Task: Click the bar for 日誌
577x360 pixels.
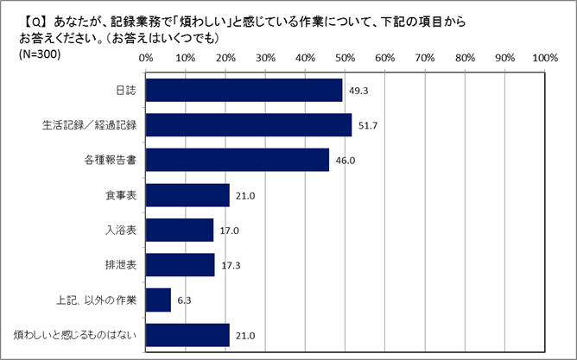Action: (244, 90)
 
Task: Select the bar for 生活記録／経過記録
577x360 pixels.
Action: (249, 125)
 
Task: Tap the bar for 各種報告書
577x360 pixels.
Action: (238, 160)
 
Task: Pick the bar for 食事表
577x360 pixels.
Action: (187, 195)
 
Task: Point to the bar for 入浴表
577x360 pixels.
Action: (180, 230)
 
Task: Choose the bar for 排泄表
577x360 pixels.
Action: (181, 265)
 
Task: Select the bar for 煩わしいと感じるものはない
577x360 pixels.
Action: (187, 335)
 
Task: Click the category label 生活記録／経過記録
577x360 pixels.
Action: (92, 125)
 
